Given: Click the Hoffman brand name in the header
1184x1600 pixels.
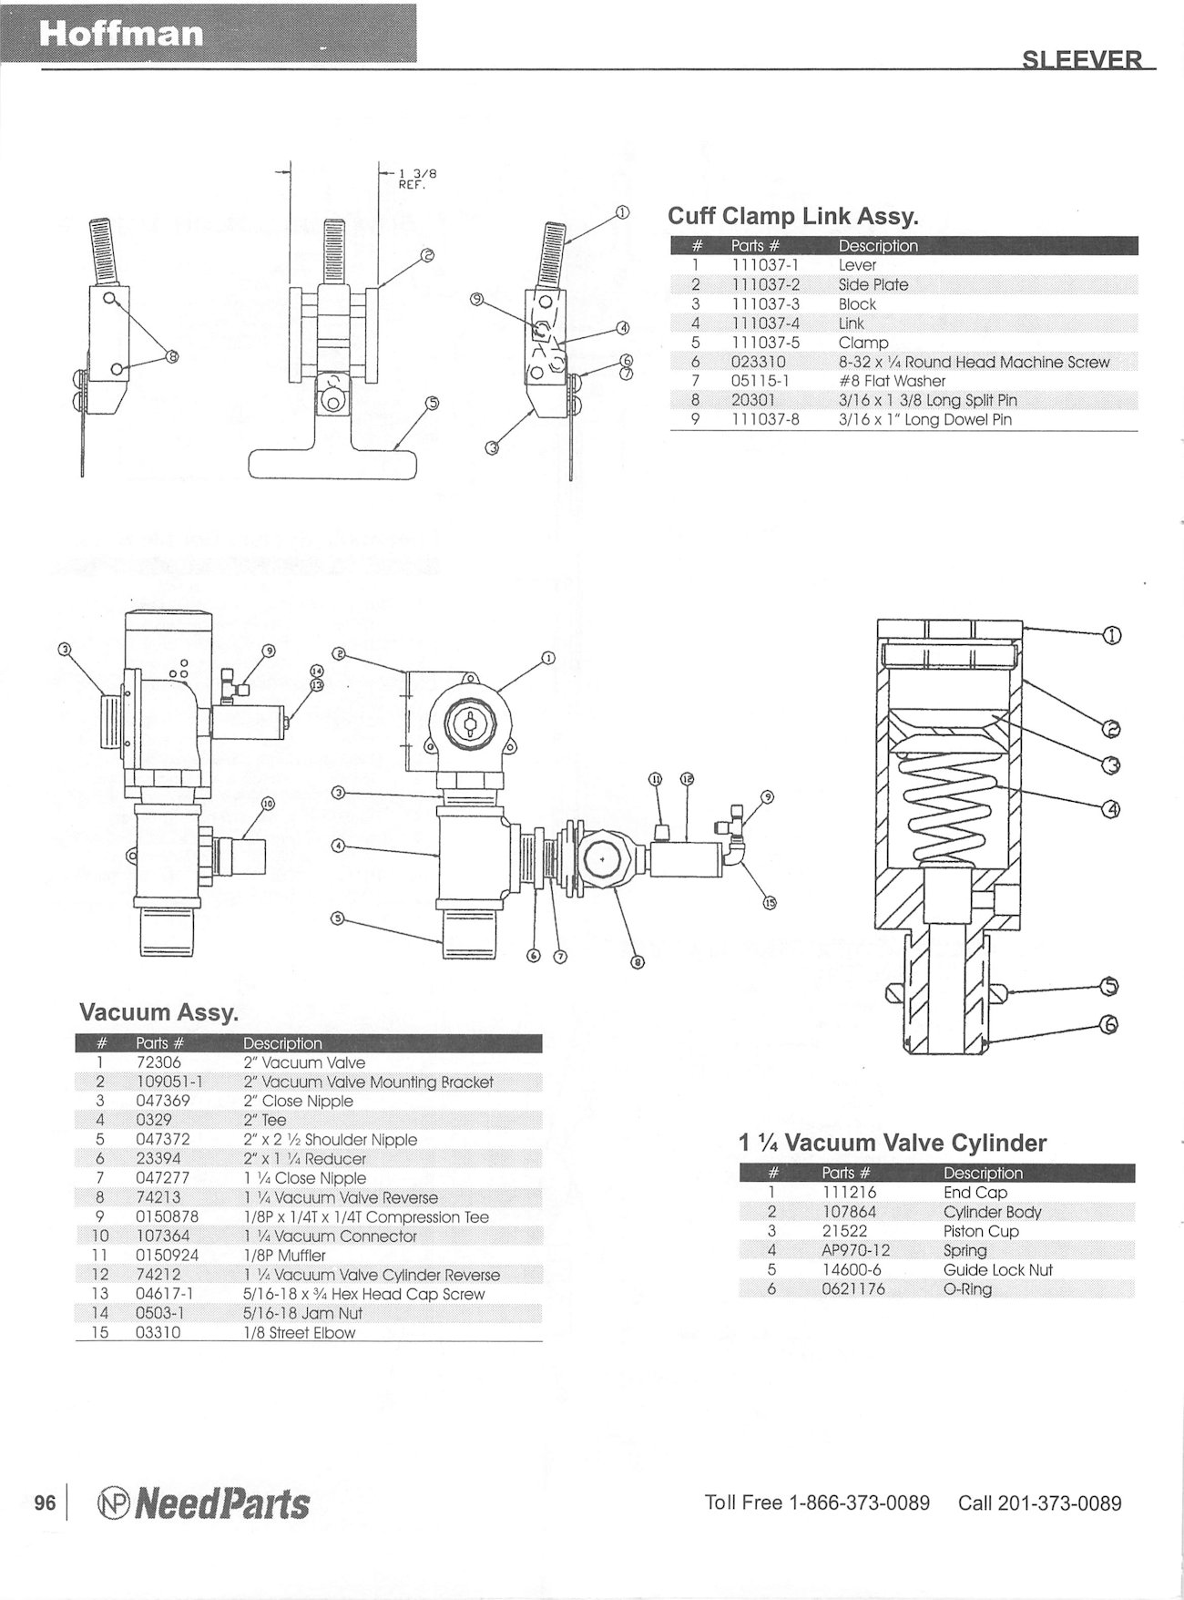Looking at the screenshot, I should tap(121, 34).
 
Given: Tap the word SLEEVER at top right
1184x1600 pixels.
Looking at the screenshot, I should tap(1081, 60).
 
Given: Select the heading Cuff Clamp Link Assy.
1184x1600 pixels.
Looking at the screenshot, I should tap(793, 216).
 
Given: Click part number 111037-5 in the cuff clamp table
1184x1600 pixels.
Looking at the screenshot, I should tap(765, 343).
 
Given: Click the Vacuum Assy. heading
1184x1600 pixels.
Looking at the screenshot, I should tap(159, 1011).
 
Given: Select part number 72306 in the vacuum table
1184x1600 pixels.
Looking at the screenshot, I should tap(158, 1062).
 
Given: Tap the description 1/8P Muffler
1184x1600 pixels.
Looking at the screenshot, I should tap(284, 1256).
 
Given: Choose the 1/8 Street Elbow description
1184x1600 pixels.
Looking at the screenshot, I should tap(299, 1332).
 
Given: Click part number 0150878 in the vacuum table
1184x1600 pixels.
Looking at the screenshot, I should tap(167, 1216).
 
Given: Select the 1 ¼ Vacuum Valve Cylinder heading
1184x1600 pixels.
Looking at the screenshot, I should tap(893, 1142).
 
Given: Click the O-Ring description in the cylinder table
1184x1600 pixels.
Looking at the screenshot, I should tap(967, 1288).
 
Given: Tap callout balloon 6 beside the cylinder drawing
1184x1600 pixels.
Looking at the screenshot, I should tap(1109, 1025).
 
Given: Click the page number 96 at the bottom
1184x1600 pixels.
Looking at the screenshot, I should tap(46, 1503).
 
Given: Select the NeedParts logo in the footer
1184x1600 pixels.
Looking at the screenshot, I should tap(202, 1503).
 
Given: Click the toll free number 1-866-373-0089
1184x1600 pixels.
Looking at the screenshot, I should tap(858, 1503).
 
